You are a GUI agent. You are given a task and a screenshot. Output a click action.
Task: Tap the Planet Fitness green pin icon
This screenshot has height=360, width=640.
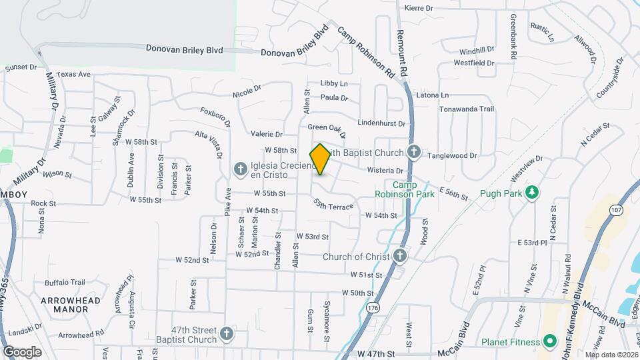point(550,343)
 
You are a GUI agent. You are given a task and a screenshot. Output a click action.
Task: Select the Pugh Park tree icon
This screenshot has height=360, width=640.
point(531,193)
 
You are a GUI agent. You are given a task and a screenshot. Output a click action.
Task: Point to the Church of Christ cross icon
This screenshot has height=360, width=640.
point(399,256)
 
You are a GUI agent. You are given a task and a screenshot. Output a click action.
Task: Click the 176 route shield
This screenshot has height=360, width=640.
point(372,307)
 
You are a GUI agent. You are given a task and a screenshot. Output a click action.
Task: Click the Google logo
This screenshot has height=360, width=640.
point(22,351)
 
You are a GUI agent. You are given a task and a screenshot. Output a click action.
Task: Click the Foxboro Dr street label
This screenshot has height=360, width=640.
point(215,117)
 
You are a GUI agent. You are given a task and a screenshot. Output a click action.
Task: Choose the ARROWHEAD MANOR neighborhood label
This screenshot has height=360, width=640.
point(70,305)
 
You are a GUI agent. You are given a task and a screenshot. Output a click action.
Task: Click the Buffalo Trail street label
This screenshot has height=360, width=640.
point(65,282)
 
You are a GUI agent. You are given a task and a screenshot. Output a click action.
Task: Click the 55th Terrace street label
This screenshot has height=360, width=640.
point(333,204)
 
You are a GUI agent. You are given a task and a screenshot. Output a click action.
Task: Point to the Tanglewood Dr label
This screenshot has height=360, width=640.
point(453,156)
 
